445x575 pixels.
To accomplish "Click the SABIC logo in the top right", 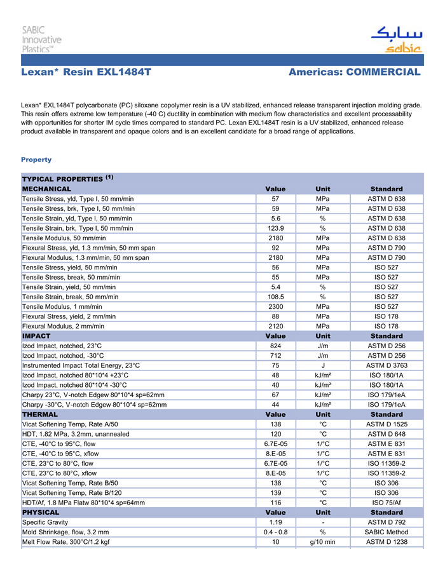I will tap(396, 39).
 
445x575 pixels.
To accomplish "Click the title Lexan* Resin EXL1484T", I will tap(86, 72).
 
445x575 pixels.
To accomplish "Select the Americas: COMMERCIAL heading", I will tap(354, 72).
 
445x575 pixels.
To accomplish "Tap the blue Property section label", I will tap(36, 159).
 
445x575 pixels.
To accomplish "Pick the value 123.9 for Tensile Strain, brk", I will tap(275, 228).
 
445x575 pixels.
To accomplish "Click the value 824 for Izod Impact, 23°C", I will tap(275, 346).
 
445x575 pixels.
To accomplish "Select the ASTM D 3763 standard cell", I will tap(386, 365).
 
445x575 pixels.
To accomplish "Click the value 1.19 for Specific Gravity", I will tap(275, 522).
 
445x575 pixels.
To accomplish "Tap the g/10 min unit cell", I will tap(322, 542).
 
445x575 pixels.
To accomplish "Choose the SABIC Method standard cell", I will tap(386, 532).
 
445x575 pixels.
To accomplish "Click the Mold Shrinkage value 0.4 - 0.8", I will tap(275, 532).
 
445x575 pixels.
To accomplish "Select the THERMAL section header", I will tap(40, 414).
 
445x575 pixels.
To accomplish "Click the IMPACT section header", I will tap(36, 335).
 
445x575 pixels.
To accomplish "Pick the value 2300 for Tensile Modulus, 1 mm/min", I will tap(275, 306).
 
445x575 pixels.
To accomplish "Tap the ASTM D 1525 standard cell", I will tap(386, 424).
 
